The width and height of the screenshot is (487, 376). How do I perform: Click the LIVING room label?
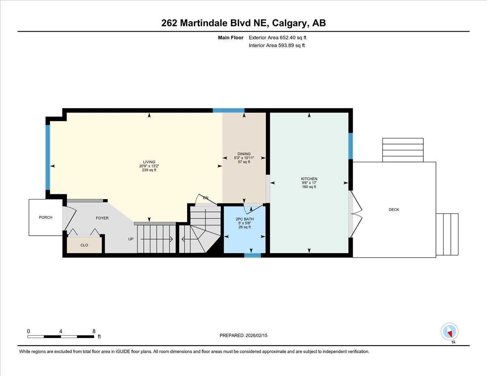tap(147, 162)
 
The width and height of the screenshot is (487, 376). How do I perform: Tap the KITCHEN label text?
tap(309, 179)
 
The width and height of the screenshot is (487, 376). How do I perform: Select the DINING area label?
tap(244, 154)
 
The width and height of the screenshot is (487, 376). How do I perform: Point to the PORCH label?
tap(45, 218)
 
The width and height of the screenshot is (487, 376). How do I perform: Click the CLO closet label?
tap(84, 245)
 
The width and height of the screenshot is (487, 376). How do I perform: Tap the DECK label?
tap(394, 210)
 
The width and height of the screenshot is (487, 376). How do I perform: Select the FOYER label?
tap(102, 218)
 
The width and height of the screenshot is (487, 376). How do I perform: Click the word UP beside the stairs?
tap(131, 239)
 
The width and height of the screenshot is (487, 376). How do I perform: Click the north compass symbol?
tap(449, 332)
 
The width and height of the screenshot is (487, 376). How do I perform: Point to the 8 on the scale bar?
tap(94, 331)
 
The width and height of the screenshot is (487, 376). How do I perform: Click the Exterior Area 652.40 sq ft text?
tap(277, 38)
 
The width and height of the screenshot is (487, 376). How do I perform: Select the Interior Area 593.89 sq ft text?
tap(276, 45)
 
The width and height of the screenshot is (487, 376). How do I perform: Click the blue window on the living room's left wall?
tap(48, 157)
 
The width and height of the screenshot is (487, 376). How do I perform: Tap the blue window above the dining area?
tap(228, 110)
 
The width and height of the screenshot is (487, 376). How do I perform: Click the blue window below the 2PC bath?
tap(252, 256)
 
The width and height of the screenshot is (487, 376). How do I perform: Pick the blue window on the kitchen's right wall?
tap(351, 146)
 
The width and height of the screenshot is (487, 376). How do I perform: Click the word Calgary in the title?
tap(290, 23)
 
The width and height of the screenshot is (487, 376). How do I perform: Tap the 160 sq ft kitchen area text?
tap(309, 187)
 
